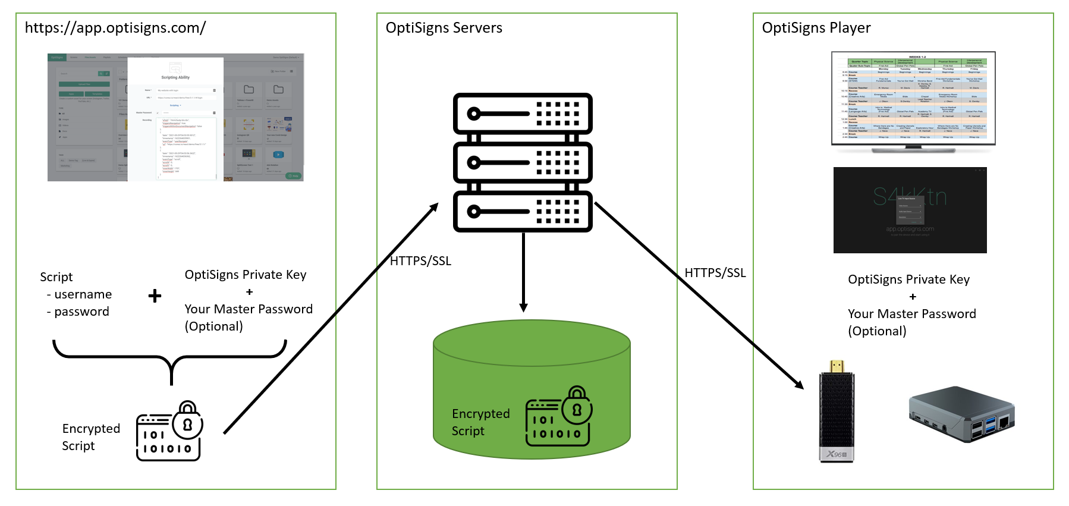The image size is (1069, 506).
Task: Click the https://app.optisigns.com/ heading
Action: coord(115,28)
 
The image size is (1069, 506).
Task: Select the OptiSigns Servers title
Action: coord(444,28)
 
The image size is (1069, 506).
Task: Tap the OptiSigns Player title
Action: coord(816,28)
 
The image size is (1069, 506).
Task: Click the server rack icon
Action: coord(523,162)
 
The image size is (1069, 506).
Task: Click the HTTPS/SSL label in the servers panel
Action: coord(420,261)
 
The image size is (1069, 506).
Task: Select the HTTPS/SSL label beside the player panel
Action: coord(715,273)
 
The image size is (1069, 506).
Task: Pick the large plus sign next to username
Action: coord(155,296)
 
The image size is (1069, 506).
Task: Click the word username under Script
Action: coord(83,294)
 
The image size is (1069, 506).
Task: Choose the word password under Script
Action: coord(81,312)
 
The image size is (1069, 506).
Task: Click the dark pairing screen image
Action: coord(910,210)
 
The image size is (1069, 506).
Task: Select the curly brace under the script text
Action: coord(170,360)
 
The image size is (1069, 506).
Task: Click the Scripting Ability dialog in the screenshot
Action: coord(175,119)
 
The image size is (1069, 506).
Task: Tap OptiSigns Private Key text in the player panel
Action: coord(908,279)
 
